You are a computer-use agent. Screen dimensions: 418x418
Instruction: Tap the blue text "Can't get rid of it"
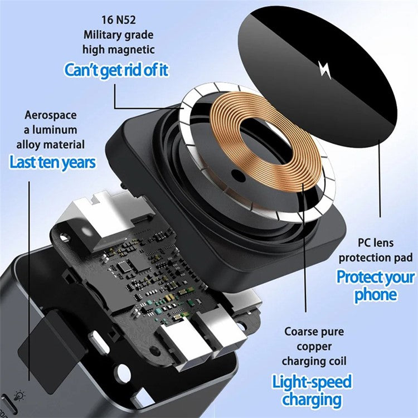coord(116,70)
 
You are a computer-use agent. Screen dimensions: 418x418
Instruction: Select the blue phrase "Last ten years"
coord(52,162)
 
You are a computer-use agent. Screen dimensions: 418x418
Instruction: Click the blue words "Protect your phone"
coord(376,285)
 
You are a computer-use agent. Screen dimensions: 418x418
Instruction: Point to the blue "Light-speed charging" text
coord(312,391)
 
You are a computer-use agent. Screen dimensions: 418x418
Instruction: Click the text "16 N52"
coord(118,20)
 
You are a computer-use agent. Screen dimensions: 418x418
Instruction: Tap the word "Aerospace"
coord(50,115)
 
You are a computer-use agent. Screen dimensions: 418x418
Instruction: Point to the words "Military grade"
coord(118,35)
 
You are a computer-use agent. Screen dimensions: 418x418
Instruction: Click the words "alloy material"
coord(51,144)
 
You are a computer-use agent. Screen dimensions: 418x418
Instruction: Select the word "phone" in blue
coord(376,294)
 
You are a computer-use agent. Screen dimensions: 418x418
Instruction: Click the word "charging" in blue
coord(312,400)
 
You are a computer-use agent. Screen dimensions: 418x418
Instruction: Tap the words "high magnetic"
coord(118,49)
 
